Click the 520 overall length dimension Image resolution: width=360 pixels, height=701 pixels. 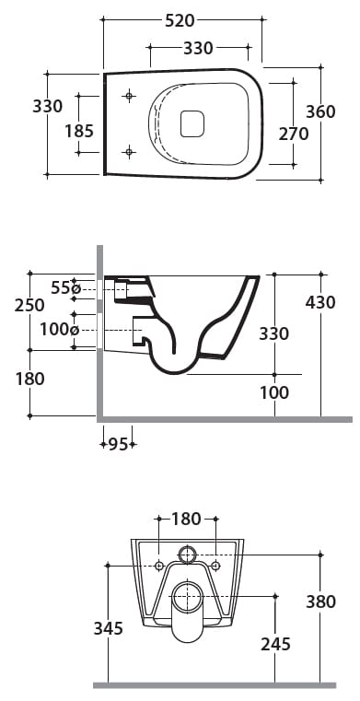coord(180,20)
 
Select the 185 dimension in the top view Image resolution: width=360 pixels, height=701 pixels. coord(79,131)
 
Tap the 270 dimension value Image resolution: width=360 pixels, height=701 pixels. coord(294,134)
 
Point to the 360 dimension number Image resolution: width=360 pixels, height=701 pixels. coord(320,111)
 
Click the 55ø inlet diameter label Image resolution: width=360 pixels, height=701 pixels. coord(65,288)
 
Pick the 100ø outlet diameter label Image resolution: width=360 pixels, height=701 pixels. coord(60,330)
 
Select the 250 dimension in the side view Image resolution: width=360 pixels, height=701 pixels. coord(29,305)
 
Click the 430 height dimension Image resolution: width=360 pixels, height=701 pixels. coord(320,303)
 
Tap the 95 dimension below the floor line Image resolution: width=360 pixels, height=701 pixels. coord(119,444)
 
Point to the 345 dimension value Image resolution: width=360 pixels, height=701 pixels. coord(108,628)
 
